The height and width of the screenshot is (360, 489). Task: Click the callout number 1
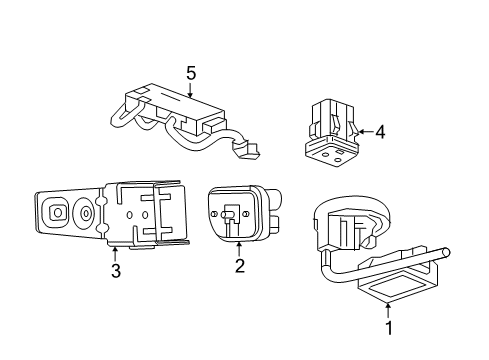pyautogui.click(x=389, y=326)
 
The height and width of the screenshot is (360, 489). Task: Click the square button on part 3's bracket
pyautogui.click(x=58, y=212)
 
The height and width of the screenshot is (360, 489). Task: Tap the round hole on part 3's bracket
pyautogui.click(x=87, y=213)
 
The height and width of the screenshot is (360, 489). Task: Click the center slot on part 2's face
pyautogui.click(x=230, y=215)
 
